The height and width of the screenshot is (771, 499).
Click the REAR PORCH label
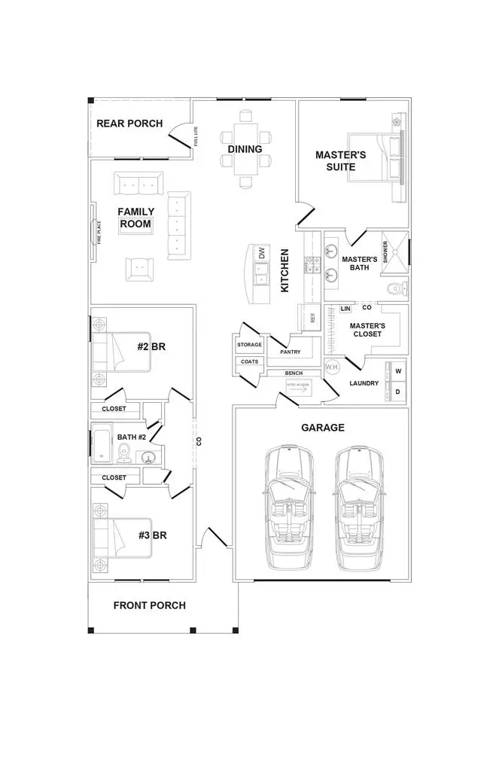click(x=129, y=123)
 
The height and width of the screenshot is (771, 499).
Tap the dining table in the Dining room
click(x=245, y=148)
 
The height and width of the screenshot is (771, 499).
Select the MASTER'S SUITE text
click(x=340, y=160)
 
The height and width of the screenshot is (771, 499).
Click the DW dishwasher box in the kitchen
click(x=262, y=254)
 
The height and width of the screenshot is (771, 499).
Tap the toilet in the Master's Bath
click(x=397, y=288)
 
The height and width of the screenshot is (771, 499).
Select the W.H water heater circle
click(x=333, y=367)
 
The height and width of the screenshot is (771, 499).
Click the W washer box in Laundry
click(x=398, y=371)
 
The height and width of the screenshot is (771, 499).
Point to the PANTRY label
click(x=291, y=352)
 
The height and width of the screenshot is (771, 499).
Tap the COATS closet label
click(x=249, y=361)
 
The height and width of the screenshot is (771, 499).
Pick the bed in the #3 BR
click(x=122, y=538)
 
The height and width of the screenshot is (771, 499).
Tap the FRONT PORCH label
click(x=149, y=605)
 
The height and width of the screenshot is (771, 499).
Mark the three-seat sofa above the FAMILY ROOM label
click(x=138, y=183)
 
